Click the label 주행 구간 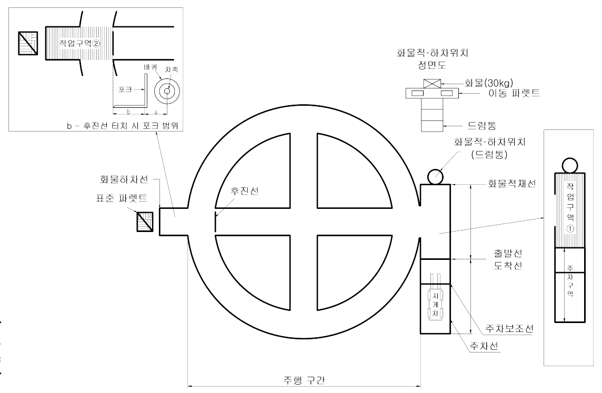pyautogui.click(x=304, y=380)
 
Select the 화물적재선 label pyautogui.click(x=508, y=184)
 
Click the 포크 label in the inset pyautogui.click(x=125, y=90)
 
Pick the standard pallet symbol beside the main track pyautogui.click(x=145, y=221)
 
